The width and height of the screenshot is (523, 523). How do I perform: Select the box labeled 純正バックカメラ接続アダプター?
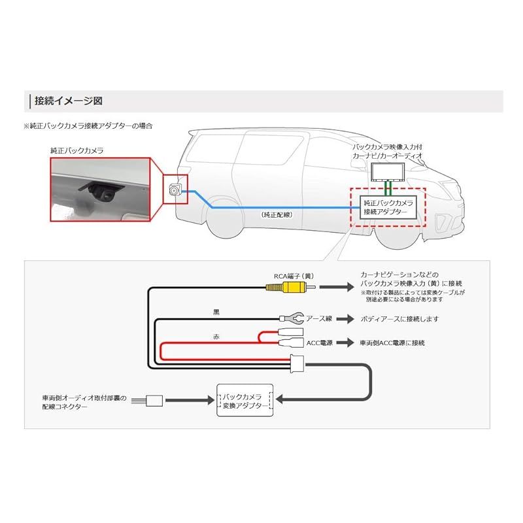click(388, 207)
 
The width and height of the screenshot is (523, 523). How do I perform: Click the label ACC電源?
click(320, 342)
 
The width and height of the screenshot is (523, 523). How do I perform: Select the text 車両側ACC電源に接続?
click(392, 342)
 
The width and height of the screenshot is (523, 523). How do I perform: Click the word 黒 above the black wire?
click(209, 312)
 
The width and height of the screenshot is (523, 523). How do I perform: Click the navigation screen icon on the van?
click(387, 173)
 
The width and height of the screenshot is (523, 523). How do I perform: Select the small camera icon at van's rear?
click(175, 190)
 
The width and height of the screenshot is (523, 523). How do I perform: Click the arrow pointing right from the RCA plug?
click(336, 286)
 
